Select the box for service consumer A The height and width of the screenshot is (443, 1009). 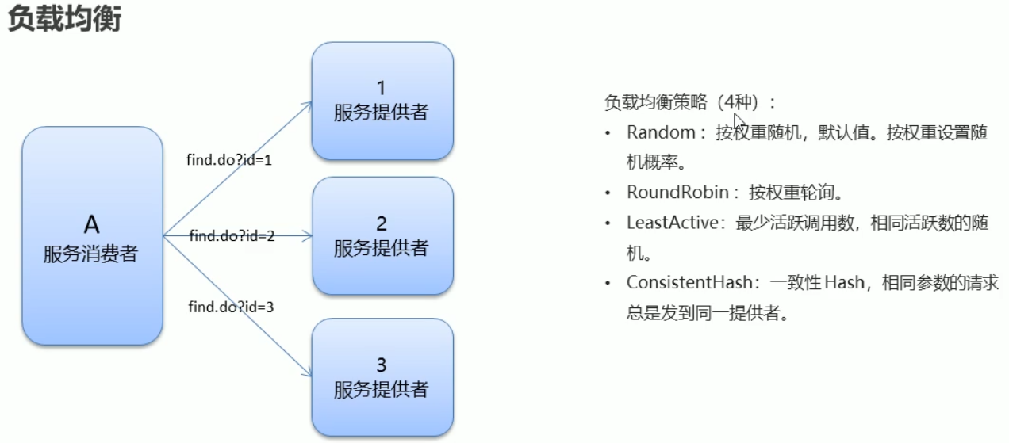(x=92, y=235)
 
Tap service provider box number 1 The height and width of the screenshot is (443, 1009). (x=382, y=101)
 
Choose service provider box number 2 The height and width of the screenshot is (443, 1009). (x=382, y=235)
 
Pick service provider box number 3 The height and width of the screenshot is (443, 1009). (x=382, y=377)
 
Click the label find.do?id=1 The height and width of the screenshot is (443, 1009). (x=229, y=159)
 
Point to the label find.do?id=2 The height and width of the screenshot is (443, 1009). (x=232, y=235)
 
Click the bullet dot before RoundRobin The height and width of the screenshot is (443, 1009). (x=608, y=193)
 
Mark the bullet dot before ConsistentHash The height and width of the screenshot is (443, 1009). (x=608, y=284)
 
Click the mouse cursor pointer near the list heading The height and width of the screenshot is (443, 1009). (x=738, y=121)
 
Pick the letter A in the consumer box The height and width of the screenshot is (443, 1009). (x=92, y=225)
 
